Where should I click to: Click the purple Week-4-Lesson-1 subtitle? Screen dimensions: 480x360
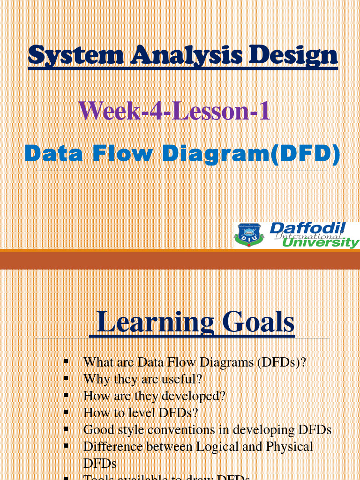[x=174, y=112]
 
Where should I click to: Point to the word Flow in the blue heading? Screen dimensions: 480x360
[x=122, y=154]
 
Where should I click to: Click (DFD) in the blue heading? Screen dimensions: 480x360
[x=306, y=154]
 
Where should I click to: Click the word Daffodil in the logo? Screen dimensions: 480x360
[x=307, y=229]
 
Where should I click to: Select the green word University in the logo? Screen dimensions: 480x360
[x=321, y=242]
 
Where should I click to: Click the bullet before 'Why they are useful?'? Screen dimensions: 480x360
[x=66, y=378]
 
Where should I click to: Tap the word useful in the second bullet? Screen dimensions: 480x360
[x=176, y=379]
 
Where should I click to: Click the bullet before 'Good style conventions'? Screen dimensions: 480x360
[x=66, y=429]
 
